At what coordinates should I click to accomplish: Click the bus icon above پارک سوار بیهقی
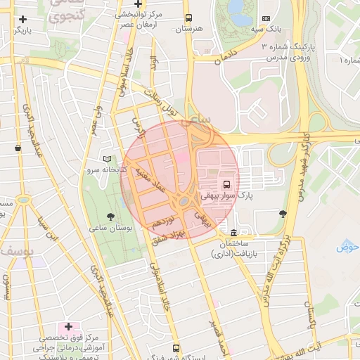pos(226,184)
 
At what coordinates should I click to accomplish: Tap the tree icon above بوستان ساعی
pos(110,217)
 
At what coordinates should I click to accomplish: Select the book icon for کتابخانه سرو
pos(107,159)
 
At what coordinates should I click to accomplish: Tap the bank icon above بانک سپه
pos(265,18)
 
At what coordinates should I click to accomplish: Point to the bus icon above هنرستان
pos(188,18)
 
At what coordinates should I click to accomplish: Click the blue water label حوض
pos(347,247)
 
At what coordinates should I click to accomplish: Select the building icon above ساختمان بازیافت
pos(233,233)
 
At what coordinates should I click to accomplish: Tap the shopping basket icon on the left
pos(17,148)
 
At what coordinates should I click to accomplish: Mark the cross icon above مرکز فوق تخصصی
pos(68,326)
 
